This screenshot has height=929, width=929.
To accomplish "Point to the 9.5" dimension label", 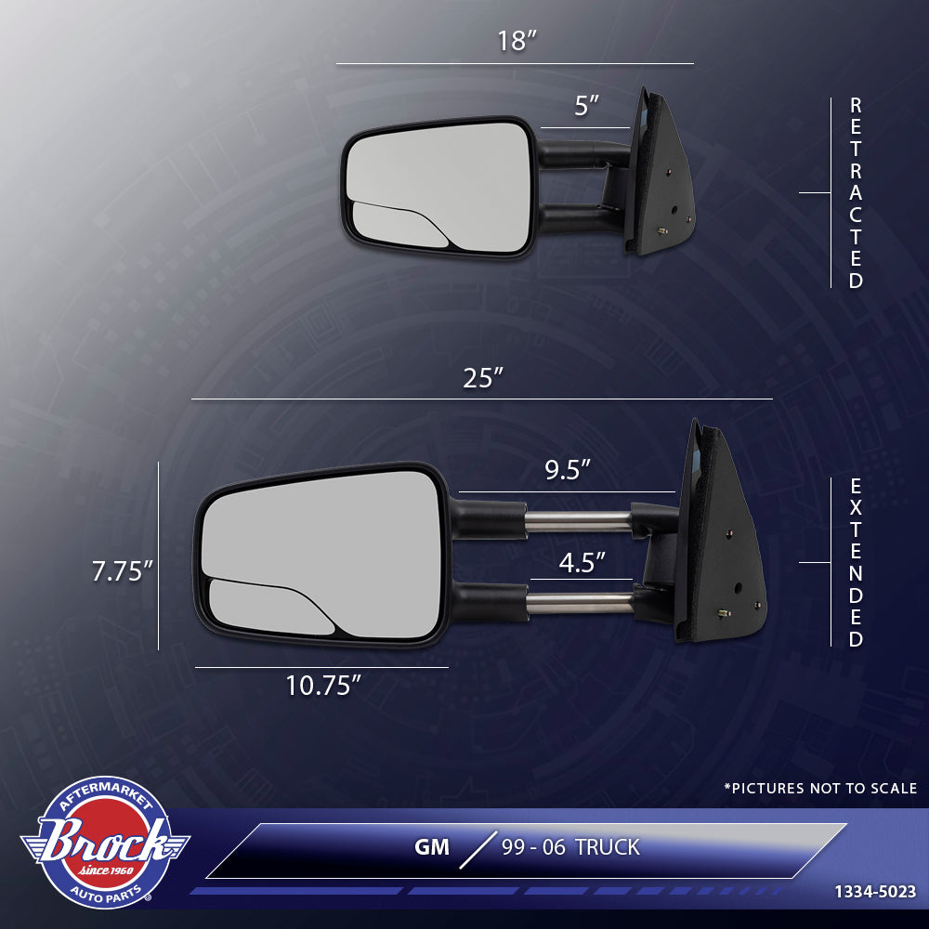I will pyautogui.click(x=568, y=470).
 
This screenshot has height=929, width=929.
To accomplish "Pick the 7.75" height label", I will pyautogui.click(x=122, y=571).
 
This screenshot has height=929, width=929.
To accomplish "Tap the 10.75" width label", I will pyautogui.click(x=322, y=686).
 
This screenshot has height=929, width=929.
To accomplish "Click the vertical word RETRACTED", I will pyautogui.click(x=856, y=193).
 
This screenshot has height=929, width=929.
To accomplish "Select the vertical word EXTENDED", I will pyautogui.click(x=856, y=562).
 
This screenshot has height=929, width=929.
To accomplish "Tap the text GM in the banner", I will pyautogui.click(x=432, y=847).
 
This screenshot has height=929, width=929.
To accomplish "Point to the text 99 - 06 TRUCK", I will pyautogui.click(x=570, y=847).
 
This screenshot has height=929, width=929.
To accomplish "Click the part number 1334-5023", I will pyautogui.click(x=874, y=892).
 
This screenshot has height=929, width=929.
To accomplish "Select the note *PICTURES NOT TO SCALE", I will pyautogui.click(x=820, y=788).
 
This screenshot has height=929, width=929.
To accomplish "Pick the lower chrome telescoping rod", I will pyautogui.click(x=582, y=603).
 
